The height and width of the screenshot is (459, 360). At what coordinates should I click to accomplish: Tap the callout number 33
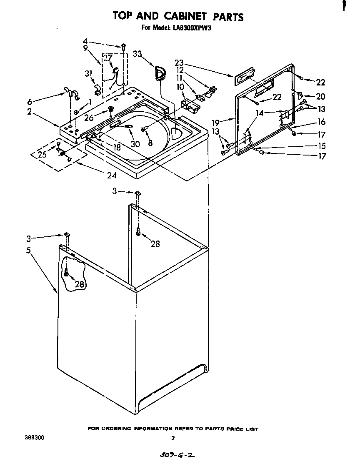138,54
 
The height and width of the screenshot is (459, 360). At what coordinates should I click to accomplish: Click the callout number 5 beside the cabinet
28,251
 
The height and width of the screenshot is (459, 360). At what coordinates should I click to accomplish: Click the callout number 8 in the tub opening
150,142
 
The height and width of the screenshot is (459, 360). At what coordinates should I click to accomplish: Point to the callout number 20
320,97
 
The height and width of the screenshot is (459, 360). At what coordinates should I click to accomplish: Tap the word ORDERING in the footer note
121,429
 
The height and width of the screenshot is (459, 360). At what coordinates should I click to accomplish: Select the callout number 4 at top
85,41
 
